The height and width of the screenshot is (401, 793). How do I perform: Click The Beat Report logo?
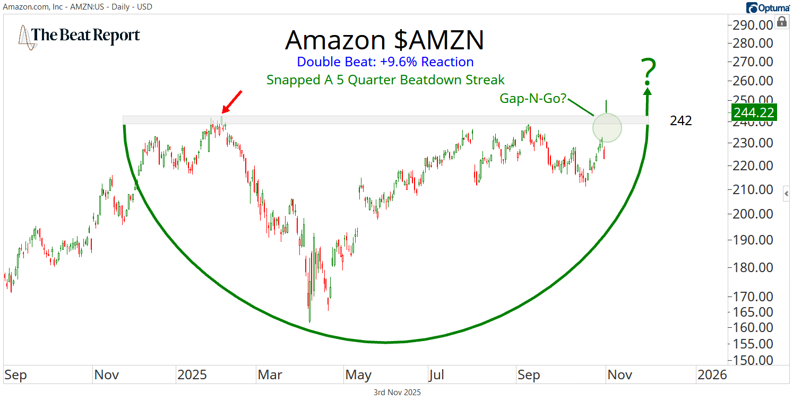click(x=80, y=36)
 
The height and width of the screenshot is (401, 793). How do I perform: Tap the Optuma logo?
click(x=768, y=7)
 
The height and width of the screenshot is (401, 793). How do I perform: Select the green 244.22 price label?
click(x=754, y=112)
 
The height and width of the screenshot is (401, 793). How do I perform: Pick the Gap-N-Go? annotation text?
click(x=532, y=98)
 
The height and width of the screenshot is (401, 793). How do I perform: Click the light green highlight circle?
click(x=607, y=127)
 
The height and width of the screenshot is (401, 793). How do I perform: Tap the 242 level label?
click(x=680, y=121)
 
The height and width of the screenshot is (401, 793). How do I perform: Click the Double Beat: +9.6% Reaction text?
click(x=385, y=62)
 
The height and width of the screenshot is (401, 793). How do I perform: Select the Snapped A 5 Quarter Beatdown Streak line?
click(x=385, y=80)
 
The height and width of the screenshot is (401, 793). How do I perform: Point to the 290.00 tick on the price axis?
click(x=752, y=25)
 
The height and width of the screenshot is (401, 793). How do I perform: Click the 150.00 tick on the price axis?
click(x=752, y=360)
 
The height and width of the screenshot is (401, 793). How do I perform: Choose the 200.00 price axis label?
click(x=752, y=214)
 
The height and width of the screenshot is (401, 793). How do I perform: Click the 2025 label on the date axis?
click(x=192, y=375)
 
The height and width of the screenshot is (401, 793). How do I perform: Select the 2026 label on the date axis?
click(x=712, y=375)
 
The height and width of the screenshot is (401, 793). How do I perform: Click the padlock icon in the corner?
click(x=781, y=22)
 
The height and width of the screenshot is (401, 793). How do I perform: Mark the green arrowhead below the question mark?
click(x=648, y=91)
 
